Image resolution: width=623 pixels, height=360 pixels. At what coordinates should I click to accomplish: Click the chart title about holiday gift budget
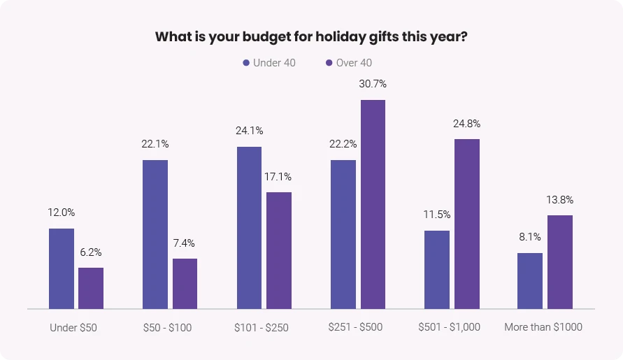click(311, 36)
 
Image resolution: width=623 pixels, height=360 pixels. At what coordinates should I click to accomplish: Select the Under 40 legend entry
click(269, 63)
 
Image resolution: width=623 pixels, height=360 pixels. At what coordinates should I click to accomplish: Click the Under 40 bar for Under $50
click(62, 268)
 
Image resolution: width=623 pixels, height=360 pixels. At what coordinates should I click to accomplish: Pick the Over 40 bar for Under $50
click(91, 288)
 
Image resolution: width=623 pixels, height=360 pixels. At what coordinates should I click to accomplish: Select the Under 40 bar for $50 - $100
click(155, 234)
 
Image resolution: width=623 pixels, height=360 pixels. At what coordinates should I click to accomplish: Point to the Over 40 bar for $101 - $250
click(279, 250)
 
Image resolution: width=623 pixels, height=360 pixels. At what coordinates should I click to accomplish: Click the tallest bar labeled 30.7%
click(373, 204)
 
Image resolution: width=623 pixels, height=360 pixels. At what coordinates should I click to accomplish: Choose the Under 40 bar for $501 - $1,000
click(437, 270)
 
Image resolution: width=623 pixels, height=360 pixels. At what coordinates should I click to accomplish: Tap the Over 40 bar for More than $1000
click(560, 262)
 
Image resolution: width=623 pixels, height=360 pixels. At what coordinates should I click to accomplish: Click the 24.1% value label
click(249, 130)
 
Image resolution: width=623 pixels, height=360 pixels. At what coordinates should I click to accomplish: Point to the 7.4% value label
click(185, 243)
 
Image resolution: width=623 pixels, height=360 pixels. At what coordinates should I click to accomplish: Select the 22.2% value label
click(343, 144)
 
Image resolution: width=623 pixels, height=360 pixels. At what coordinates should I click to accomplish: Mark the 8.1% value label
click(530, 237)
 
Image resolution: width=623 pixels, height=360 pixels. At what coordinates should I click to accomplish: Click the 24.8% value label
click(467, 124)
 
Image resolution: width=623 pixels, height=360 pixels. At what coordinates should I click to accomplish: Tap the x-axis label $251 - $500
click(355, 327)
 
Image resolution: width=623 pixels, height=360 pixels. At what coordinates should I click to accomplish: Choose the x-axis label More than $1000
click(543, 327)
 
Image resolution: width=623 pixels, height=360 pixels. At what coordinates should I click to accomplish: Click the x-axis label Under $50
click(74, 327)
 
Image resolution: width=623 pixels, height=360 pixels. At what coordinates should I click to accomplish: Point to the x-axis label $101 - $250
click(262, 327)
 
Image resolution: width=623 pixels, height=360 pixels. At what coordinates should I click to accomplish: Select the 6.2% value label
click(91, 252)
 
